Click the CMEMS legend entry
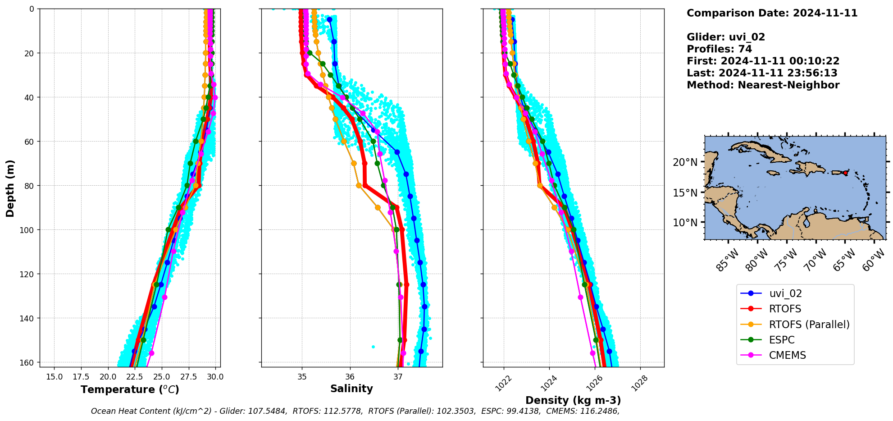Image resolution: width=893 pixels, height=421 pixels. tap(787, 355)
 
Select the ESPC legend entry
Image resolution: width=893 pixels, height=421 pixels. tap(782, 340)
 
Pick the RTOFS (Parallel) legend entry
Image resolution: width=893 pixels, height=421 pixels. tap(809, 325)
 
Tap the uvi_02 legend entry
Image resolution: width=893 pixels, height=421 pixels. tap(785, 293)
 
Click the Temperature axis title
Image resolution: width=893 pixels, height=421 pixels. tap(130, 389)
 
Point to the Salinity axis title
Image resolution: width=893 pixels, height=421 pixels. tap(351, 389)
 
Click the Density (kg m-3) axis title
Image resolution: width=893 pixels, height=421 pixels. tap(573, 400)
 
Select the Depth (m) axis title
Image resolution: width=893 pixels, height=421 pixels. tap(10, 188)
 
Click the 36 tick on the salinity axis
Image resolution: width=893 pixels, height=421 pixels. tap(350, 377)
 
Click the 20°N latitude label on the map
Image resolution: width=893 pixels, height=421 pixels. tap(685, 162)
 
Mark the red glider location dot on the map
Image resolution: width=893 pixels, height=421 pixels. tap(845, 173)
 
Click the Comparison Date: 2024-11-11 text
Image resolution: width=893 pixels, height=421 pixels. tap(772, 13)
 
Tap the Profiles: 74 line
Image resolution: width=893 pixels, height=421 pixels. tap(719, 49)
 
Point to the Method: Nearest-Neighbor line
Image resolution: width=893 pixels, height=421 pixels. tap(763, 85)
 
